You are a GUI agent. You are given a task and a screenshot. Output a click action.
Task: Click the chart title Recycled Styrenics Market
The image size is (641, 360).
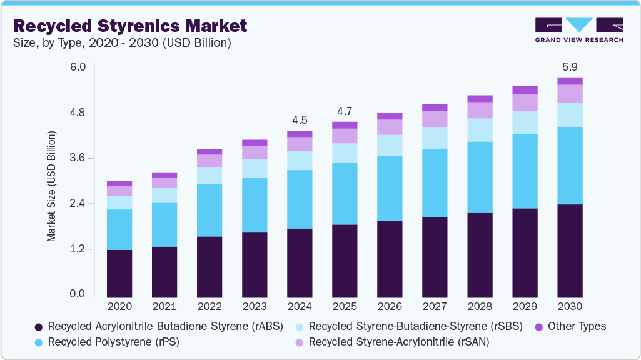[x=130, y=26]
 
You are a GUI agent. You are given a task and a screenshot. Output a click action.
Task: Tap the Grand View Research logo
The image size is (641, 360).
[x=578, y=30]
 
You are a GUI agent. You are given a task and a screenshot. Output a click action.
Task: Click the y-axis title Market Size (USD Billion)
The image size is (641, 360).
[x=52, y=186]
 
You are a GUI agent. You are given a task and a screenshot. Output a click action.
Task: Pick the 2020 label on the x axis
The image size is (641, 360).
[x=119, y=307]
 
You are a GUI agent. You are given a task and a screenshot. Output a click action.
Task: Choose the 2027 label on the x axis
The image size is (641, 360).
[x=435, y=307]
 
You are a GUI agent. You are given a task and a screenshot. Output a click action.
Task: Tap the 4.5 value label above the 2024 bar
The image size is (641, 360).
[x=299, y=119]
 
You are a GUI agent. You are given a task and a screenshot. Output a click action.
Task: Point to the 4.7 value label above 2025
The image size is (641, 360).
[x=345, y=111]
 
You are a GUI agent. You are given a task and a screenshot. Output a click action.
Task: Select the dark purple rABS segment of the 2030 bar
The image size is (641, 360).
[x=570, y=250]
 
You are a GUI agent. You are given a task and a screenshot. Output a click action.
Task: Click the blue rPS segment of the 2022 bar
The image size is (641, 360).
[x=209, y=210]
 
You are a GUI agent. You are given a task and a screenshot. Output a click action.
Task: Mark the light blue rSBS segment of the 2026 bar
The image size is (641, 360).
[x=390, y=145]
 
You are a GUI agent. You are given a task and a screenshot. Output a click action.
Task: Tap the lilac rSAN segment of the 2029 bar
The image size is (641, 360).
[x=525, y=102]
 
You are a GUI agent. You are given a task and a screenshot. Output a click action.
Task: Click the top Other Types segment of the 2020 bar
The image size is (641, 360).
[x=119, y=183]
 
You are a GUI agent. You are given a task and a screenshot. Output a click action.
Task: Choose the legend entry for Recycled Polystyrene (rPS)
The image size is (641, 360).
[x=107, y=342]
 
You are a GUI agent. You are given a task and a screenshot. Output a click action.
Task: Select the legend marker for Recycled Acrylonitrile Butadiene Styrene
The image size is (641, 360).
[x=39, y=327]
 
